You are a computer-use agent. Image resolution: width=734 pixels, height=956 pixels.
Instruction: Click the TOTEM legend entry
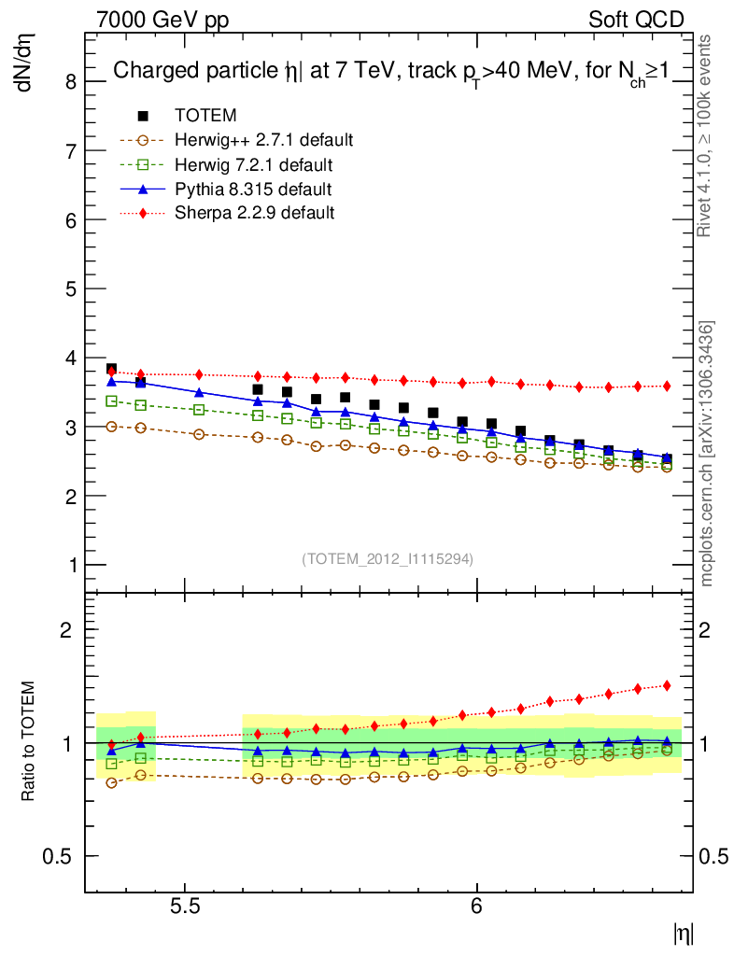click(x=205, y=116)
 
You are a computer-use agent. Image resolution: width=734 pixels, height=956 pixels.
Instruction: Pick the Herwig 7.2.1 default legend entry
click(x=253, y=165)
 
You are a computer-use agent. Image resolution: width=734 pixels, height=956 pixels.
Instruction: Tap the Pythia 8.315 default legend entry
click(x=253, y=190)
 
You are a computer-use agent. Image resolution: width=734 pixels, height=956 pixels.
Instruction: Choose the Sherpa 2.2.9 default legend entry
click(x=254, y=213)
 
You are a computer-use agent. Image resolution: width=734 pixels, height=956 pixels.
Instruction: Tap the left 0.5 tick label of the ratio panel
click(x=62, y=856)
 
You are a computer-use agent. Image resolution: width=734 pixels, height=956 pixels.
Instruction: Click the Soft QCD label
click(x=637, y=20)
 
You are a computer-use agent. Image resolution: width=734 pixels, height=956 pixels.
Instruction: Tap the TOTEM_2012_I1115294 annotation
click(x=388, y=558)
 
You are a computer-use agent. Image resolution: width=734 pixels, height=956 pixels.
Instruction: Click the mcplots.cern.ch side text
click(x=707, y=453)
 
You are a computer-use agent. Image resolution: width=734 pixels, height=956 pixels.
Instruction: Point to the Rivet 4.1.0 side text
click(x=707, y=135)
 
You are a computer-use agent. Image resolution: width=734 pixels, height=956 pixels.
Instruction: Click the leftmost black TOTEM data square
click(x=111, y=369)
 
